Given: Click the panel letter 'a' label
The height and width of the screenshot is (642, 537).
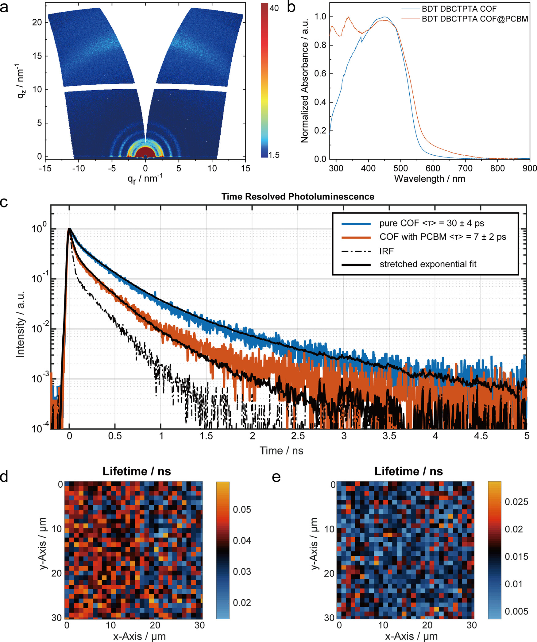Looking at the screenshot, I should pos(4,7).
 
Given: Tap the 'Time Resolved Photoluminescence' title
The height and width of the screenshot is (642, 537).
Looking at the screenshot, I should pos(298,197).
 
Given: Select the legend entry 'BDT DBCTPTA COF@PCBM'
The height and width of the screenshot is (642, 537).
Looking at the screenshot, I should pos(475,19).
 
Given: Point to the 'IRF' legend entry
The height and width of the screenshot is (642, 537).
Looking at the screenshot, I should pos(386,251).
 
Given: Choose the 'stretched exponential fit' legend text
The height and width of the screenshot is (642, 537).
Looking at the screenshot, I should pos(428,264).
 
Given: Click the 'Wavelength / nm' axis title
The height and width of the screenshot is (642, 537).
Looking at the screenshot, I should pos(429,179).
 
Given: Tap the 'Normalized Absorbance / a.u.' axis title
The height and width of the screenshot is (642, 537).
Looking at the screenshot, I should pos(304,80).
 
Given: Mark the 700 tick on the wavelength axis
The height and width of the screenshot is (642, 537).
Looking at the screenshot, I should pos(465,168).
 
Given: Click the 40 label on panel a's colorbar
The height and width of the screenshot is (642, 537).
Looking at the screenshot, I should pos(274,8).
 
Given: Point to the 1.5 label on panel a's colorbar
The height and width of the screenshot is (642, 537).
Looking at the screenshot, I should pos(274,155).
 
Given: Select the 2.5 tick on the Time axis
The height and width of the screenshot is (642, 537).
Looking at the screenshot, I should pos(298,436).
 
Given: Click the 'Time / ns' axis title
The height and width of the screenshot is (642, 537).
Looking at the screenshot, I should pos(281,451).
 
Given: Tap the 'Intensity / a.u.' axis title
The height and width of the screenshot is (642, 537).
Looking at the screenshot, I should pos(20,324).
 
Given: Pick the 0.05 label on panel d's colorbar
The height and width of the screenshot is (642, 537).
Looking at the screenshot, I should pos(242,509).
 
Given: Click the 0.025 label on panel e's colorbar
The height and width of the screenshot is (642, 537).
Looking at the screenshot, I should pos(516,502).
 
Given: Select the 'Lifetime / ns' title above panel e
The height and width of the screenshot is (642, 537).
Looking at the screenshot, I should pos(408,471).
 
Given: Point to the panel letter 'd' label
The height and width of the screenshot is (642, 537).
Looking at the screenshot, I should pos(4,477).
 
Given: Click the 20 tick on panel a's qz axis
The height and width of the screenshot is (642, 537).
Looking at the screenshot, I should pos(37,22).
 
